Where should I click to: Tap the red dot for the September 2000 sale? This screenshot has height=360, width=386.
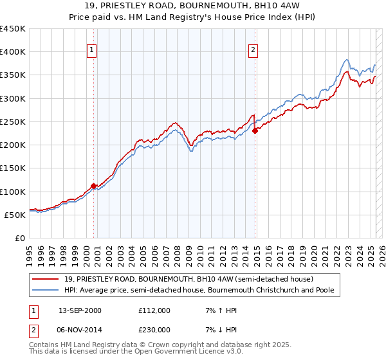point(94,186)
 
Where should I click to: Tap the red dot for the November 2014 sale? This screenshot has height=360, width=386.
point(255,130)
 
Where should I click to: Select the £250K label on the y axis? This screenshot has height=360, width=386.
point(14,122)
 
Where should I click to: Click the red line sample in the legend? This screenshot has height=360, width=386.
point(46,279)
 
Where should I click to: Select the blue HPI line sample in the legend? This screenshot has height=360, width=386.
point(46,290)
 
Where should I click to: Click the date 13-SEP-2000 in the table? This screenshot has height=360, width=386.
point(80,310)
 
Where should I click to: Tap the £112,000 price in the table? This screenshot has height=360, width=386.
point(154,310)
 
